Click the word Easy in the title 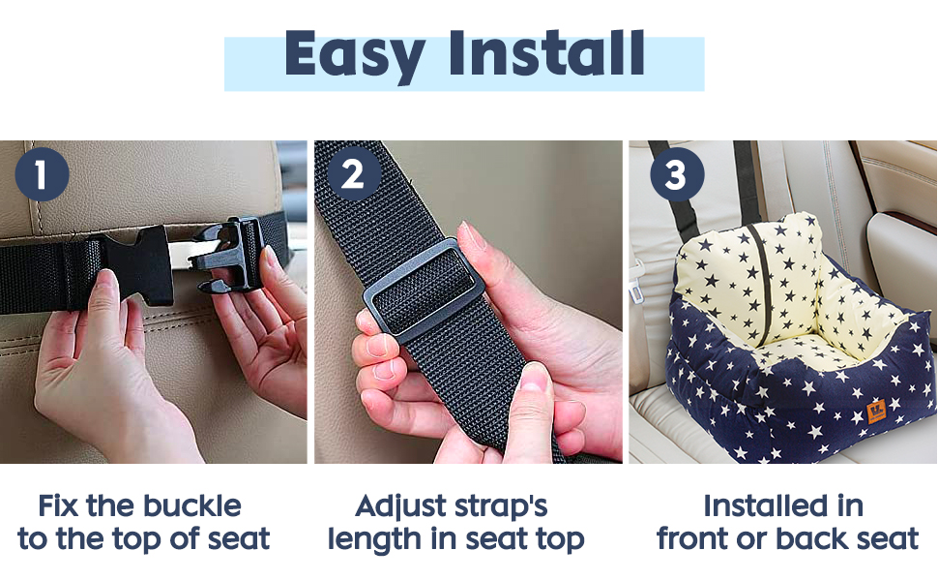click(x=355, y=55)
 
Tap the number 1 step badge click(x=42, y=174)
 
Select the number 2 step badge click(x=354, y=174)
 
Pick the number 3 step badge click(x=677, y=174)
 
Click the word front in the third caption click(x=693, y=538)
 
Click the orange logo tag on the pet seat click(x=876, y=413)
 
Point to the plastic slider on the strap click(x=423, y=290)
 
